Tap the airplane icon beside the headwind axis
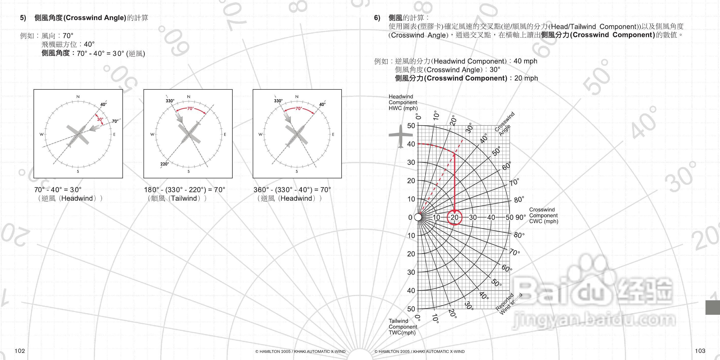401,136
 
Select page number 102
20,351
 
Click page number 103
700,351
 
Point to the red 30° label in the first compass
100,119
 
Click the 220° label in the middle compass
165,164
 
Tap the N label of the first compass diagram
78,97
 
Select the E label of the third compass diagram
333,134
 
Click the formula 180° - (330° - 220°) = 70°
184,190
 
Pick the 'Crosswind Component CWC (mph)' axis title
544,215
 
